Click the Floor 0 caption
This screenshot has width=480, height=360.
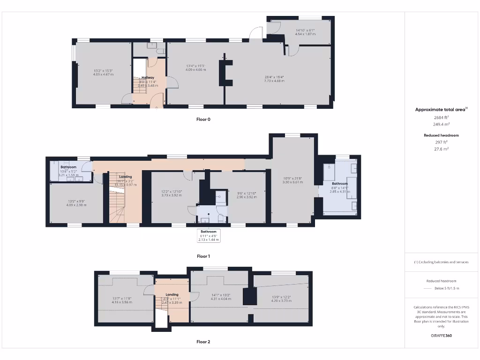(203, 120)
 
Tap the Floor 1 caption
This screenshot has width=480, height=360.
(203, 256)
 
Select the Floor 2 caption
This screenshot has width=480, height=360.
(203, 342)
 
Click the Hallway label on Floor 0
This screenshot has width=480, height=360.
(148, 78)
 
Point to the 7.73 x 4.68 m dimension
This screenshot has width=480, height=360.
(274, 81)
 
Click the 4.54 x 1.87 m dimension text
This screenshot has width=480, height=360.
(305, 34)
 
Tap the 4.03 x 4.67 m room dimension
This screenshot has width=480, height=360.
(103, 75)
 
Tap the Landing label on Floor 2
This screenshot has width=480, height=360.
(172, 295)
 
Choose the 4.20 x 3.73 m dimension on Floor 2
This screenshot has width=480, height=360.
(282, 300)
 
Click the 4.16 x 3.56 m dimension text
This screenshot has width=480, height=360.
(122, 302)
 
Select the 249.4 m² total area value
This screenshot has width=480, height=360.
(441, 125)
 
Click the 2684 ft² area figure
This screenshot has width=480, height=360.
(441, 118)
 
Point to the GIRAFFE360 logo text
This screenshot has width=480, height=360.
(441, 336)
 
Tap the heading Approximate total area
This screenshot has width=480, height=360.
(440, 110)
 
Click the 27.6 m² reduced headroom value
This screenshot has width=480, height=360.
(441, 149)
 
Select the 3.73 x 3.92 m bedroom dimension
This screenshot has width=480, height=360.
(171, 195)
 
